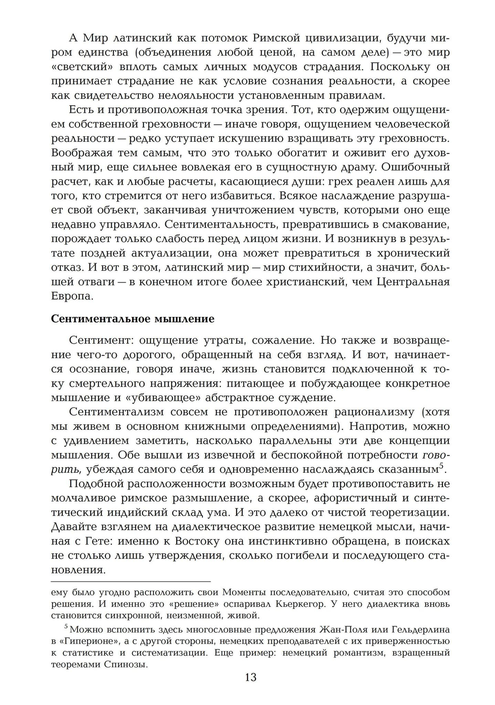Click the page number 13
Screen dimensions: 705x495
[250, 677]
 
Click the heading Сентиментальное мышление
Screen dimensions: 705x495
[133, 318]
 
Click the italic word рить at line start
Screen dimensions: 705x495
[62, 469]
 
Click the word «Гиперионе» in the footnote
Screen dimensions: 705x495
[87, 641]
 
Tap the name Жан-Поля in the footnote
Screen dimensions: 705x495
[364, 630]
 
